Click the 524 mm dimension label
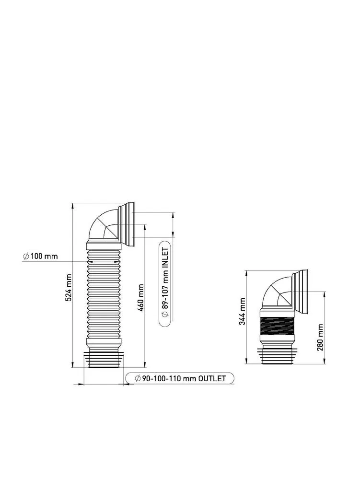click(69, 287)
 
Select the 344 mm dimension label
click(242, 311)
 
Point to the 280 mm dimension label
click(320, 338)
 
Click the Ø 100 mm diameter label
click(40, 256)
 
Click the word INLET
click(165, 257)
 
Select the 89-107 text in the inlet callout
click(165, 294)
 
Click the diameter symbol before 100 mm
click(26, 257)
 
